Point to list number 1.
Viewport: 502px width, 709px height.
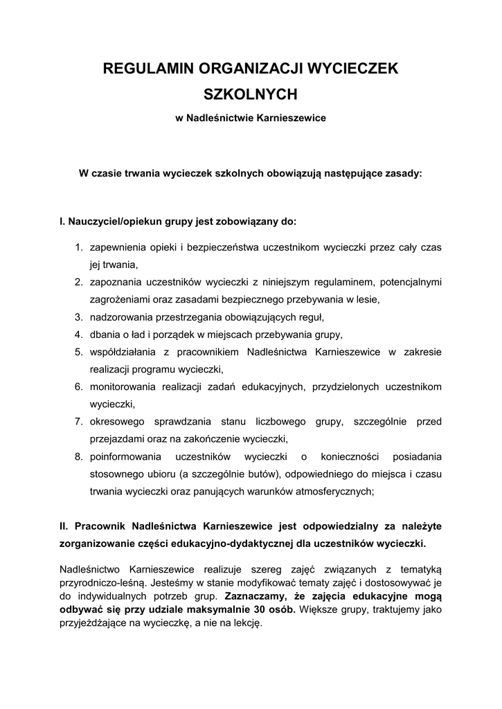(x=79, y=246)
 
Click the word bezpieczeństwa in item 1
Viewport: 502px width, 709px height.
(x=198, y=246)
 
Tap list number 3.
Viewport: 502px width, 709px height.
(x=79, y=317)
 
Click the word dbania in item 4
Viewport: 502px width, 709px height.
(x=105, y=334)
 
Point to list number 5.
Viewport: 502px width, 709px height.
(x=79, y=352)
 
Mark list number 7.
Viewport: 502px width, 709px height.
(x=79, y=421)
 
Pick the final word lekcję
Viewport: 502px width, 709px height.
(x=246, y=622)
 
